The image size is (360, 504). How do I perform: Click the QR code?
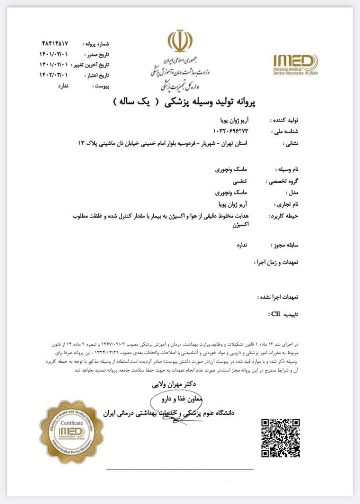pyautogui.click(x=280, y=438)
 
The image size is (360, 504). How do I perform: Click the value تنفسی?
pyautogui.click(x=238, y=181)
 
